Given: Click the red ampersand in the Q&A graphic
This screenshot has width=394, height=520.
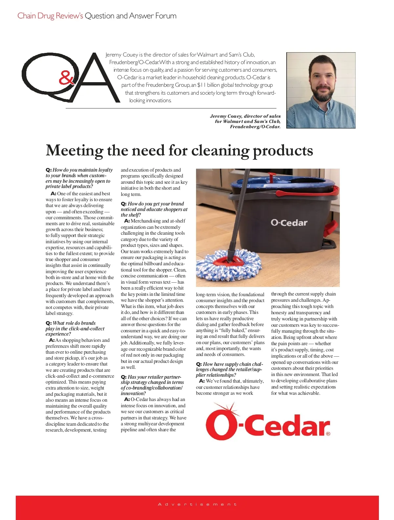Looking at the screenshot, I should click(67, 79).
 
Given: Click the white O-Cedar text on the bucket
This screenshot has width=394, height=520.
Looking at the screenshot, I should click(289, 223).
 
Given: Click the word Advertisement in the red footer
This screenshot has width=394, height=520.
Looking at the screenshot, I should click(197, 504).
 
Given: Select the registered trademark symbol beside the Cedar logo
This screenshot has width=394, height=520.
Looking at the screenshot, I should click(328, 434).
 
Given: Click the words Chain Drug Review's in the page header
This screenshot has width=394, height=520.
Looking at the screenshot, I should click(50, 16).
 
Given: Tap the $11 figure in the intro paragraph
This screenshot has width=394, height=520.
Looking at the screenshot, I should click(201, 85).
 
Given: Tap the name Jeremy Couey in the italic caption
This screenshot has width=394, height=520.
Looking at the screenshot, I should click(226, 116).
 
